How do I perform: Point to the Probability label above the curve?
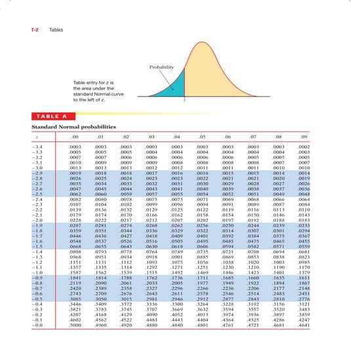pyautogui.click(x=161, y=68)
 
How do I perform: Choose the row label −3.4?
pyautogui.click(x=39, y=148)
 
